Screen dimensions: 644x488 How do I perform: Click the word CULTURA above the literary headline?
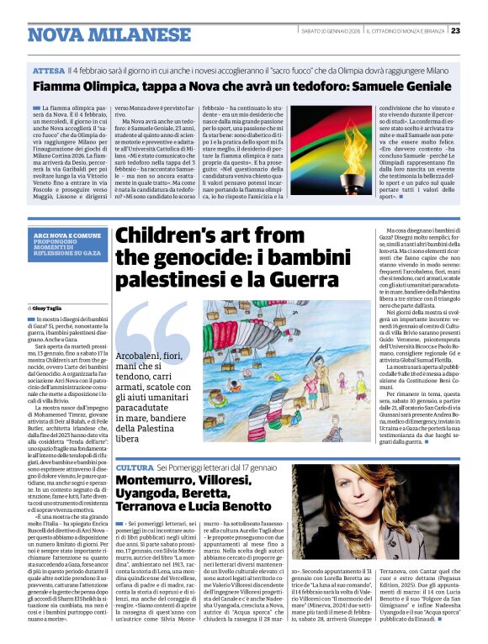coord(134,467)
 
